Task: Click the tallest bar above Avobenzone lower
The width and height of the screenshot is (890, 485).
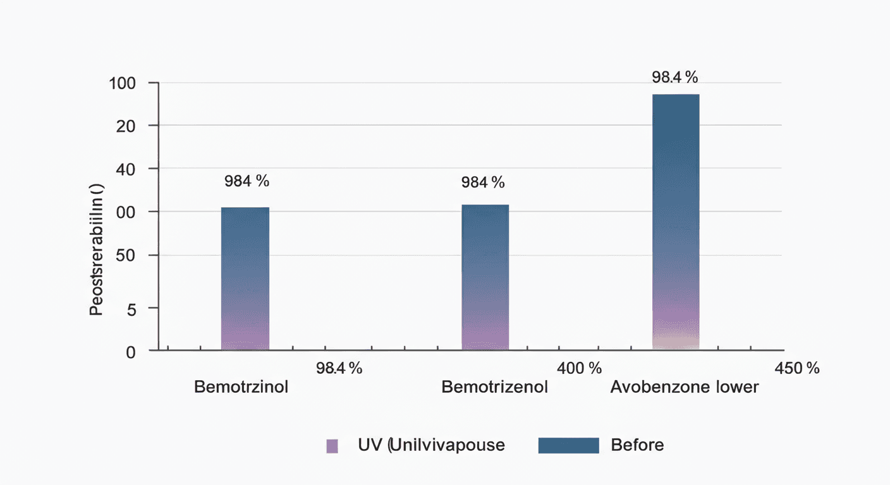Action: click(676, 221)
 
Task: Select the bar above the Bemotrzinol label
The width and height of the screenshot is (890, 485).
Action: click(245, 278)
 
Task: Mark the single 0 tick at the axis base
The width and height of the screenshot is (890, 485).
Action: click(131, 352)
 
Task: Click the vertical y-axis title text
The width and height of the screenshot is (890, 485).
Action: click(96, 249)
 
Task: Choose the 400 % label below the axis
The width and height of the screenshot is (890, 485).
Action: click(579, 368)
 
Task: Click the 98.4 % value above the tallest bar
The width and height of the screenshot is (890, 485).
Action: click(674, 78)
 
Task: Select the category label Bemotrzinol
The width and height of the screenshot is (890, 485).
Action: click(241, 386)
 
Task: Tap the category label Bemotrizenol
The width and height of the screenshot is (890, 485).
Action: click(494, 386)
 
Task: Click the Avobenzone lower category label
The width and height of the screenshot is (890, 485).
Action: click(684, 386)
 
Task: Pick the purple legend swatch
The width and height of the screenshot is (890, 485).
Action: click(332, 445)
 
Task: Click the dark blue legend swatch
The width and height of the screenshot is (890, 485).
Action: click(568, 445)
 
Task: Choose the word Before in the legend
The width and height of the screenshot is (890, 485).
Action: click(637, 445)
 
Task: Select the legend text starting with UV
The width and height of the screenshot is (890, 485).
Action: click(431, 445)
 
